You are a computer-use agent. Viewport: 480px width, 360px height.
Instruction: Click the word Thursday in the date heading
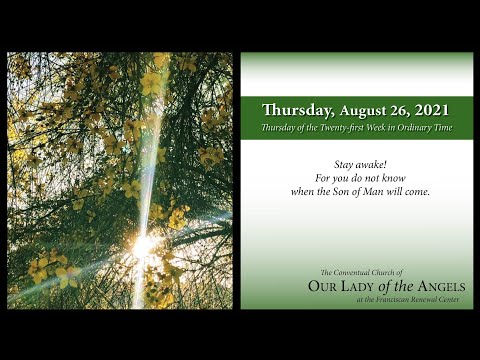297,111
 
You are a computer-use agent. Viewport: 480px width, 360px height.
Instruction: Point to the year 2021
433,111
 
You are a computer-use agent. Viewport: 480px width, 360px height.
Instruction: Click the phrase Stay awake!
356,163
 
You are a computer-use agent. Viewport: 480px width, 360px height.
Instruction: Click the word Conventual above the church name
357,272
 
